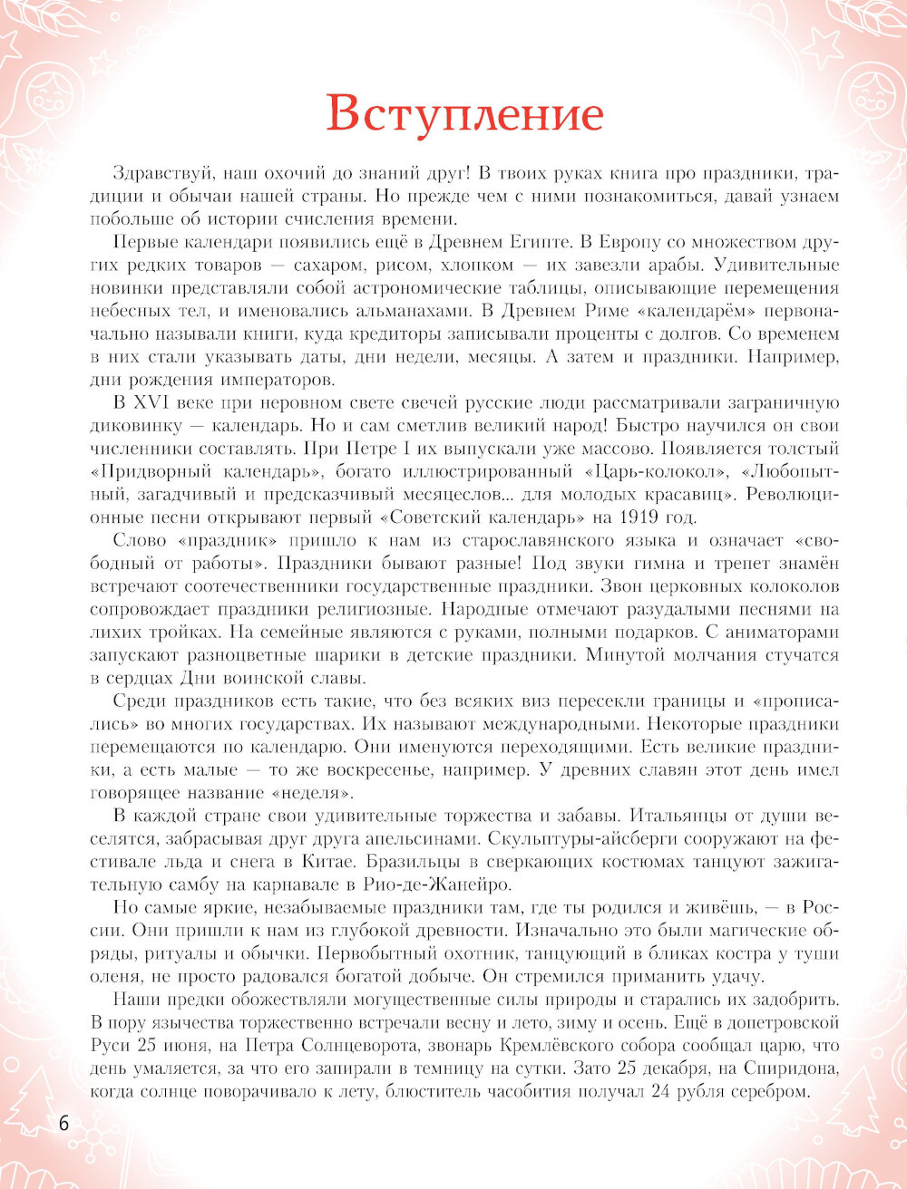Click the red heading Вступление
tap(464, 115)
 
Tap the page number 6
tap(63, 1123)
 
